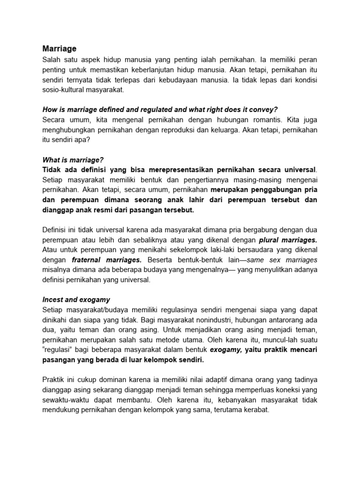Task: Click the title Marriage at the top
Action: coord(60,49)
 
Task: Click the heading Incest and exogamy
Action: coord(76,300)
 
